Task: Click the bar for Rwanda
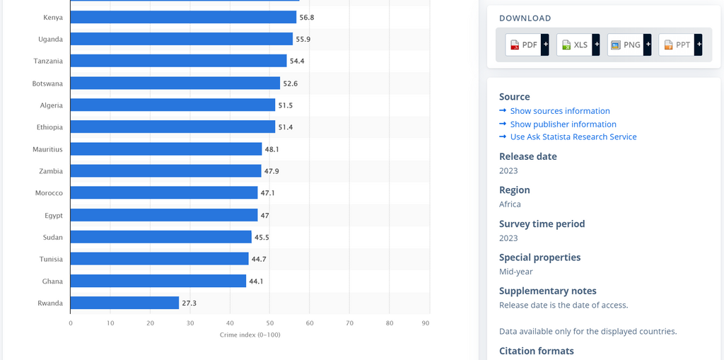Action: click(x=124, y=303)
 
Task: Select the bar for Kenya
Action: click(x=183, y=17)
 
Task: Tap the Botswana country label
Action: click(x=47, y=83)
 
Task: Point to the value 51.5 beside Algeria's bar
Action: click(x=286, y=105)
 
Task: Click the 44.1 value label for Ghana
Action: click(x=257, y=281)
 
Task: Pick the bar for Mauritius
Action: click(x=166, y=149)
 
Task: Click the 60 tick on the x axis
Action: click(x=310, y=323)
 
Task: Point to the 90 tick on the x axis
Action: click(x=426, y=323)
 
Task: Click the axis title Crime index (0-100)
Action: click(x=250, y=335)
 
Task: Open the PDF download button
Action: click(x=523, y=45)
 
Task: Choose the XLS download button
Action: click(x=574, y=45)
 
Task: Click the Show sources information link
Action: click(x=560, y=111)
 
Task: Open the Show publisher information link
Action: click(x=563, y=124)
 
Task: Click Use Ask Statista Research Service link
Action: click(x=573, y=137)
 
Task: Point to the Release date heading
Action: click(x=528, y=156)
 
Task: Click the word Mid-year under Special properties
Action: click(x=515, y=272)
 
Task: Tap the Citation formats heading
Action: click(x=536, y=351)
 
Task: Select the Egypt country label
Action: click(x=53, y=215)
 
